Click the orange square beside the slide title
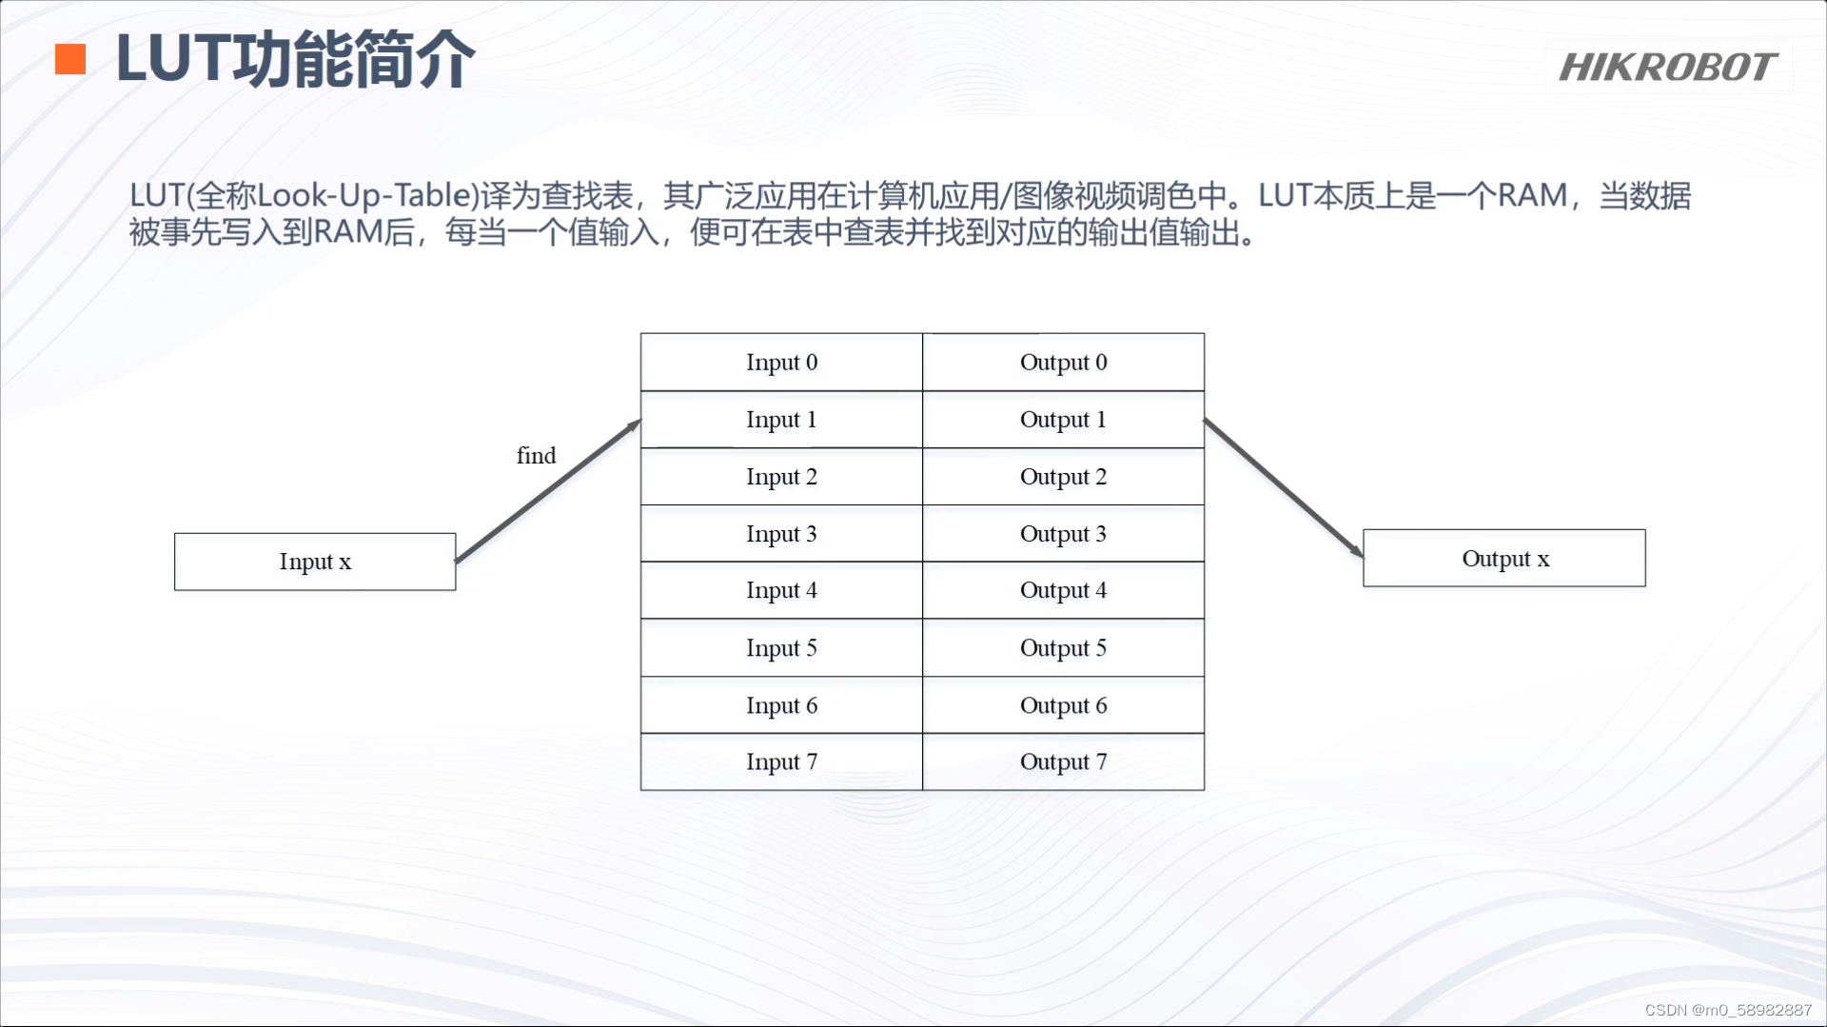tap(70, 59)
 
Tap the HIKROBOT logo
tap(1667, 68)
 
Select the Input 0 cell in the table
tap(781, 363)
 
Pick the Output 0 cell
tap(1063, 363)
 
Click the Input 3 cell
tap(781, 534)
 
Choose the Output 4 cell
tap(1063, 590)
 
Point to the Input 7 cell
tap(781, 761)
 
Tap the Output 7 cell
tap(1063, 761)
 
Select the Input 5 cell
tap(781, 648)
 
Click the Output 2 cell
tap(1063, 477)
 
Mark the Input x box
tap(315, 562)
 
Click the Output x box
tap(1504, 559)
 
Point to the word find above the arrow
tap(536, 456)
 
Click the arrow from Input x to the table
tap(548, 491)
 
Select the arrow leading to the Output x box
tap(1283, 487)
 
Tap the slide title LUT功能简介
tap(295, 59)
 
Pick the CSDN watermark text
tap(1728, 1010)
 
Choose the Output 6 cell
tap(1063, 705)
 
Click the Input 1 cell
tap(781, 420)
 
